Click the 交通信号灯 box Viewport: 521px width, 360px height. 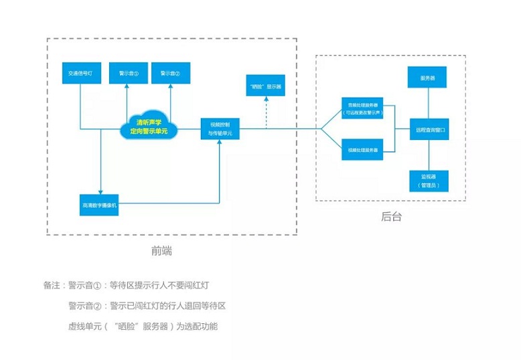coord(80,72)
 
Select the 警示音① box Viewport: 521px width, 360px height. coord(129,72)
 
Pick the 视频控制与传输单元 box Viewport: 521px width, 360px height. coord(220,128)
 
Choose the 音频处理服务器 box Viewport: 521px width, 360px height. coord(362,109)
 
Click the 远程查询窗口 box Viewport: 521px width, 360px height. coord(429,129)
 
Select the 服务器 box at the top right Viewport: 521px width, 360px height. coord(428,78)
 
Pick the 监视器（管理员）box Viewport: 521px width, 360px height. coord(429,180)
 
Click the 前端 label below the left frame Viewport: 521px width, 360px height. coord(162,251)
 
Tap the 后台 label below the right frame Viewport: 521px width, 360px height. coord(392,217)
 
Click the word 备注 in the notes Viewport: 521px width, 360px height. coord(52,286)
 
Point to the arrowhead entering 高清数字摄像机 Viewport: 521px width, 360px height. coord(100,191)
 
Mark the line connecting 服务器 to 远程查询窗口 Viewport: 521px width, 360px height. coord(429,103)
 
